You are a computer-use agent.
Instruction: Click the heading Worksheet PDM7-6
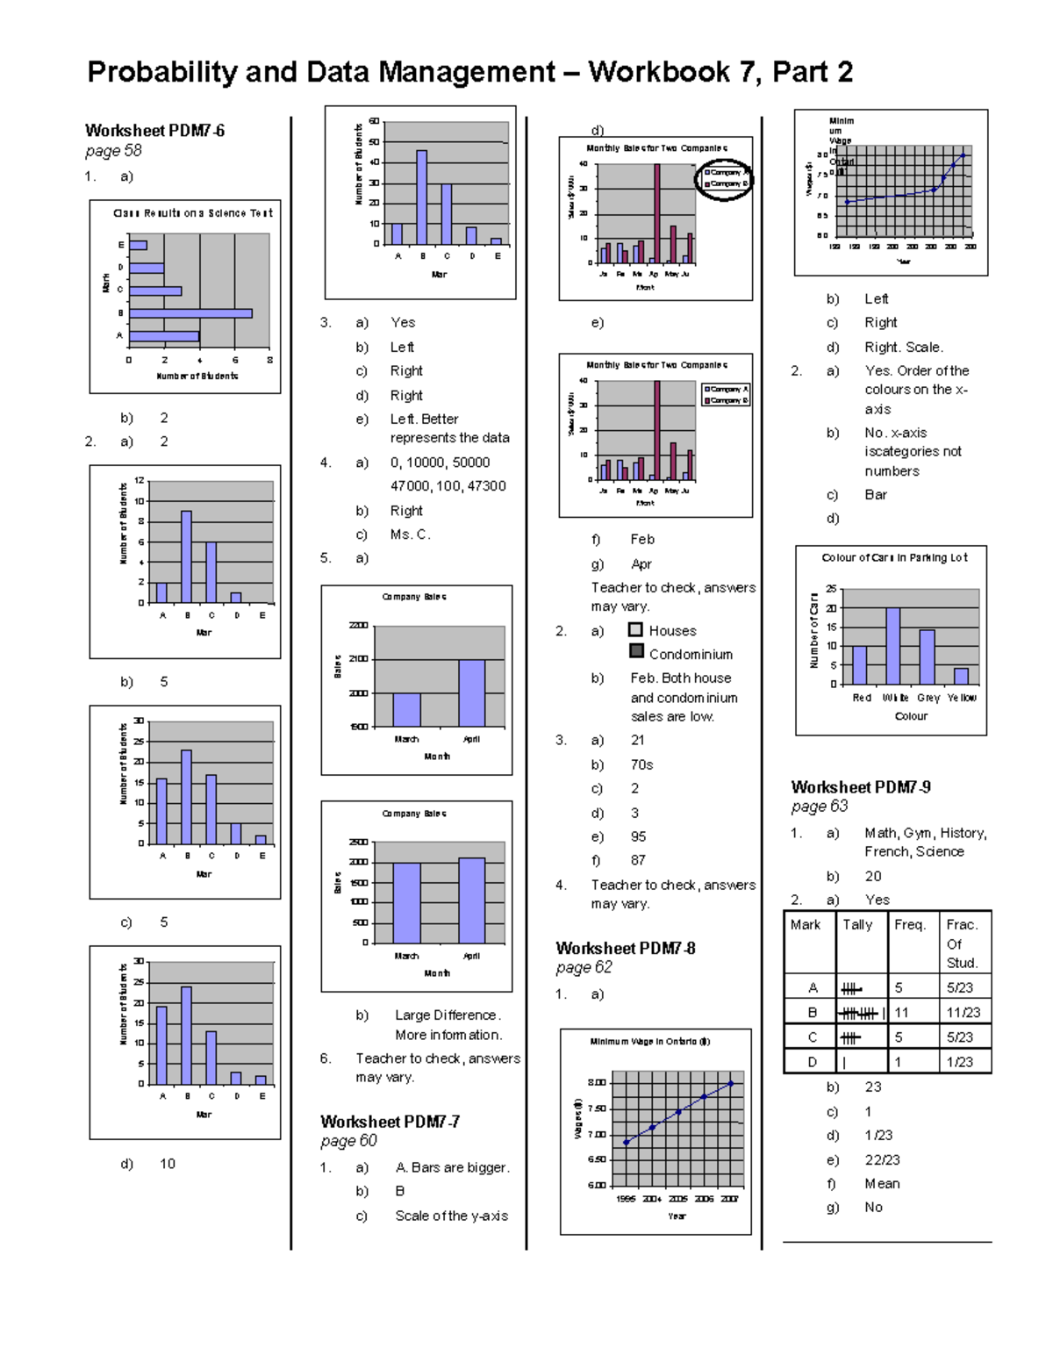[x=154, y=131]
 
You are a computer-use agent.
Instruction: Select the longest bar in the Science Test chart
[x=190, y=313]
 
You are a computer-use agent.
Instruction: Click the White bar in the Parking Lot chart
[x=893, y=646]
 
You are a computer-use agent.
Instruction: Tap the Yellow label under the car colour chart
[x=962, y=698]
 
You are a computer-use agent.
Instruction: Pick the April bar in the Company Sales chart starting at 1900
[x=471, y=693]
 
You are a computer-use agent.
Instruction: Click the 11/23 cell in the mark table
[x=963, y=1013]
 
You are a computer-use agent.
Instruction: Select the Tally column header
[x=857, y=924]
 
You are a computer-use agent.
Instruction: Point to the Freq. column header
[x=910, y=924]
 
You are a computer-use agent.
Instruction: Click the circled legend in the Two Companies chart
[x=724, y=179]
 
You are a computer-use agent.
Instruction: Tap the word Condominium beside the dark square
[x=691, y=655]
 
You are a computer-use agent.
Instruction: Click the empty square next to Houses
[x=636, y=630]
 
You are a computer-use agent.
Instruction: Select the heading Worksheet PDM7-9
[x=861, y=787]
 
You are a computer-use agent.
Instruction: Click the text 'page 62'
[x=584, y=967]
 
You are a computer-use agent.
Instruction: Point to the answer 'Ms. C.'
[x=410, y=534]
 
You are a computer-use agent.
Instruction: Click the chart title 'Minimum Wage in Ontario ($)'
[x=650, y=1042]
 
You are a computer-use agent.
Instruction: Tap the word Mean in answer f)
[x=882, y=1184]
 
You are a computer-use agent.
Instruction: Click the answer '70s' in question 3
[x=641, y=765]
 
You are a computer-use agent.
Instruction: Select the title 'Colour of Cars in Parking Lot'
[x=894, y=558]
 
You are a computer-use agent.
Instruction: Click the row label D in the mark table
[x=813, y=1062]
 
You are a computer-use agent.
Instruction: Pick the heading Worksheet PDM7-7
[x=390, y=1122]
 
